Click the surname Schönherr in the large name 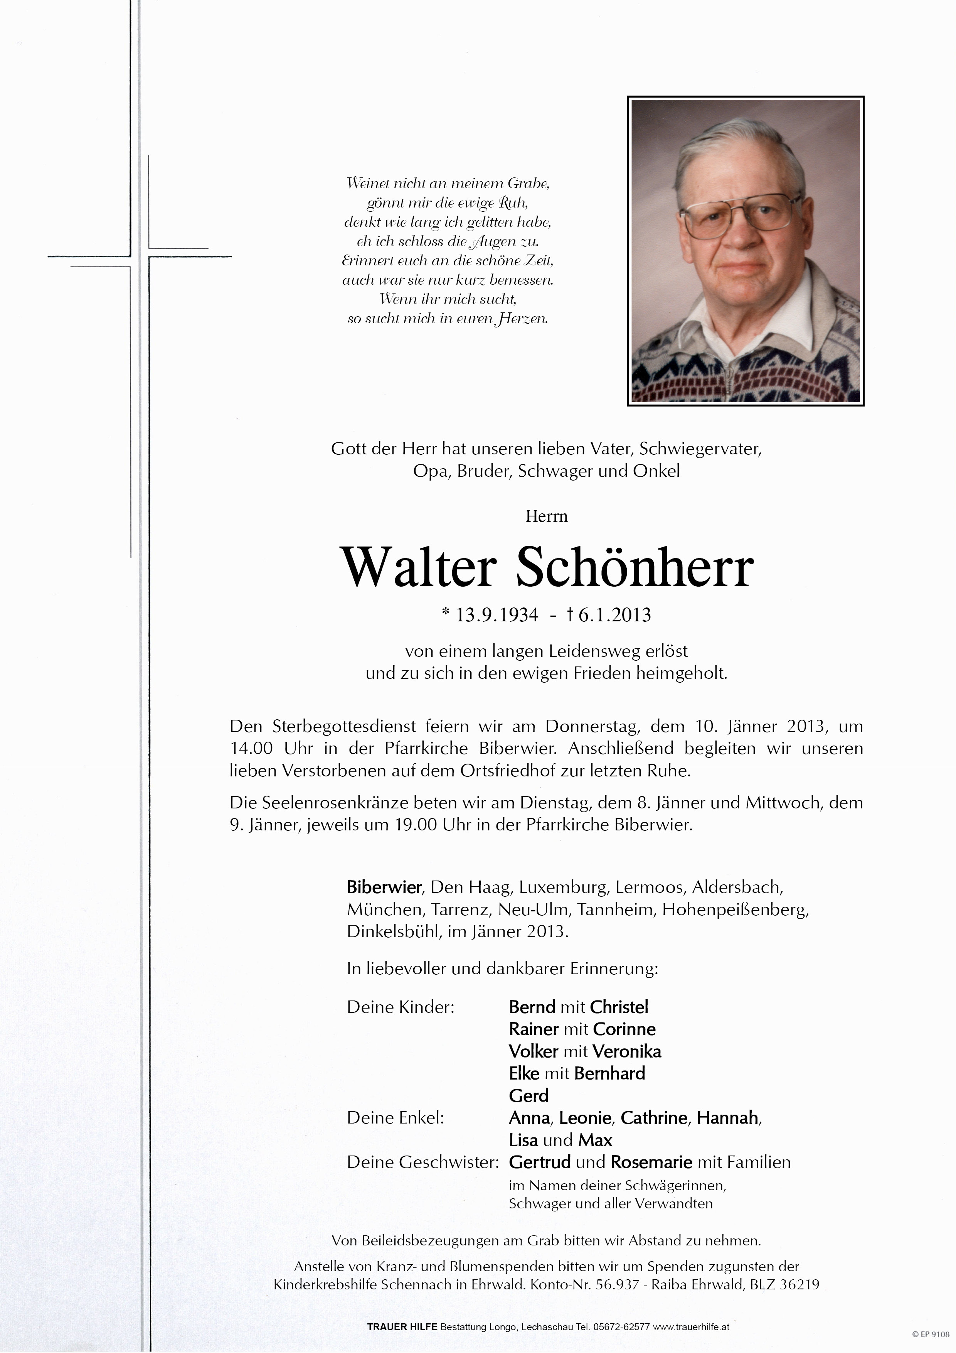(x=635, y=567)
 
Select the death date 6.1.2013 (x=614, y=615)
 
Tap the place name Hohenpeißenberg (x=735, y=910)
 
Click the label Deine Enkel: (x=395, y=1118)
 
